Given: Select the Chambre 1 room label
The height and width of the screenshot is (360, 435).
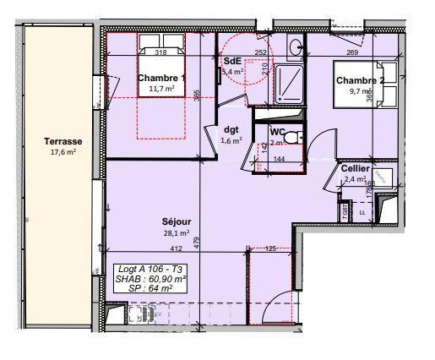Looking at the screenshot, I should click(160, 78).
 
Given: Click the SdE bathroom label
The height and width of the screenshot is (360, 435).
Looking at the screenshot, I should click(232, 62).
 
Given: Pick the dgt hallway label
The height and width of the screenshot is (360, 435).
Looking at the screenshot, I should click(231, 130).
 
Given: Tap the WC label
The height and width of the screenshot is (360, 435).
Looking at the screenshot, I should click(277, 132).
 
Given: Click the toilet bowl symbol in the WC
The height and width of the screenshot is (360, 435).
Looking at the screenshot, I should click(291, 137).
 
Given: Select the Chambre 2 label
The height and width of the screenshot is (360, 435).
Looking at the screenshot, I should click(361, 81).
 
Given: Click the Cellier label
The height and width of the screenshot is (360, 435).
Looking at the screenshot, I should click(355, 168).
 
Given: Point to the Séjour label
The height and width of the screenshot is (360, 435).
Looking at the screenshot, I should click(175, 222).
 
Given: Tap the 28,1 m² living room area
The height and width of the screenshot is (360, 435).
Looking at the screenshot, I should click(175, 233).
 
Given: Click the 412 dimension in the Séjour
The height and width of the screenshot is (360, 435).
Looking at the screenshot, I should click(177, 249).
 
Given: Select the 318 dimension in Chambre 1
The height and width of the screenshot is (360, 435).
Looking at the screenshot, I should click(160, 52).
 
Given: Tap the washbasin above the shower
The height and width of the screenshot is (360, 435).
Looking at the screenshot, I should click(295, 47).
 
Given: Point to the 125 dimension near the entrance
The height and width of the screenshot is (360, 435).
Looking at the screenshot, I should click(271, 248).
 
